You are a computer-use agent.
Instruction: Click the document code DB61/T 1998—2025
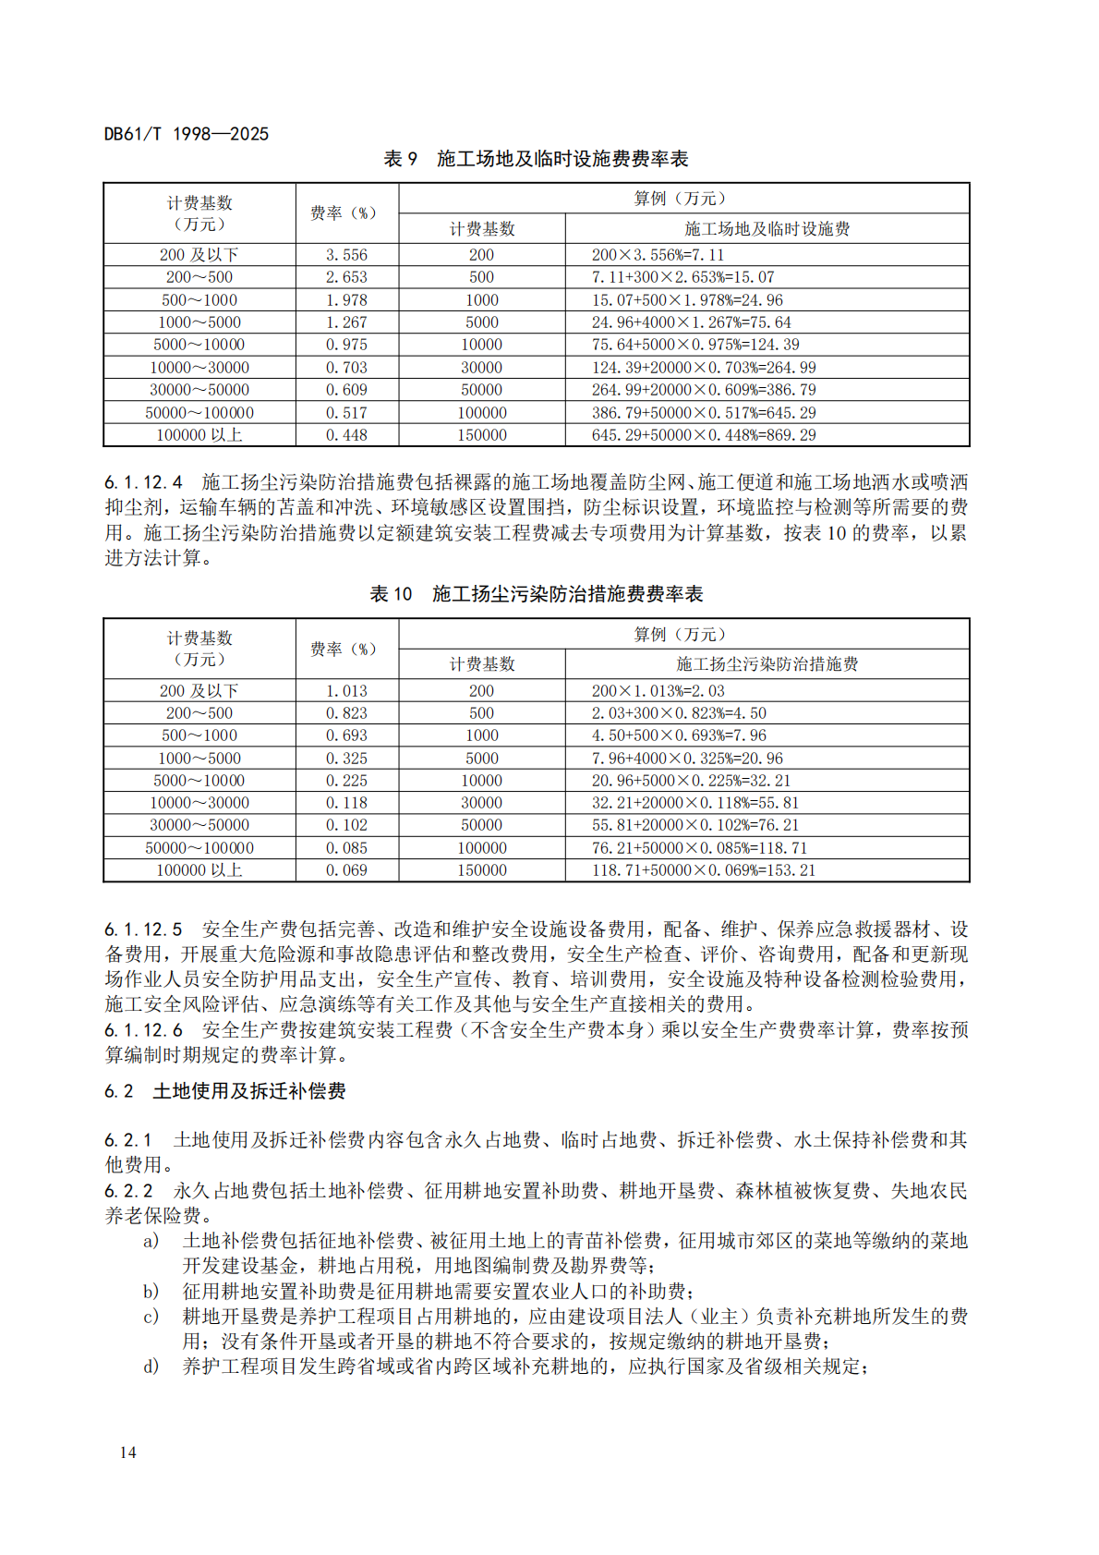[x=186, y=134]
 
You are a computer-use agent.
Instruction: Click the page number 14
[x=127, y=1452]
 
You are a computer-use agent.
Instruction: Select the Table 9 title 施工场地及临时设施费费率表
[x=562, y=159]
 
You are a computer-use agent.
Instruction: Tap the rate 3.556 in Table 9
[x=346, y=255]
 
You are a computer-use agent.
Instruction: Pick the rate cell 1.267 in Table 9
[x=346, y=322]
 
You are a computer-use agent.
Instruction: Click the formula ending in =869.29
[x=704, y=435]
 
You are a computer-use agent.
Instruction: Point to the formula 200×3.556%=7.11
[x=658, y=255]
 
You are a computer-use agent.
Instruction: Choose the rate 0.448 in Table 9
[x=346, y=435]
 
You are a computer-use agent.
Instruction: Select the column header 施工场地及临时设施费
[x=767, y=229]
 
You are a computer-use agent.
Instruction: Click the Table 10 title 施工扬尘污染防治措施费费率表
[x=567, y=594]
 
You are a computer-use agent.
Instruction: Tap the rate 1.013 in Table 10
[x=346, y=691]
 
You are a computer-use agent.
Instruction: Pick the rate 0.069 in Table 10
[x=346, y=870]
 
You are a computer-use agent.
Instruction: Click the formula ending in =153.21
[x=704, y=870]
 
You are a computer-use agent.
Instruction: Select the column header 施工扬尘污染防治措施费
[x=767, y=664]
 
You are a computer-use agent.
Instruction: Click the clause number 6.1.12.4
[x=143, y=482]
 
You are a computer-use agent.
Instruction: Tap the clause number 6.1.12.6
[x=143, y=1030]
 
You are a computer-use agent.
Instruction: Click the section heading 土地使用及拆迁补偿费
[x=248, y=1091]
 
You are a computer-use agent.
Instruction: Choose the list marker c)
[x=151, y=1316]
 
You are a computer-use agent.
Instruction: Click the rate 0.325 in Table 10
[x=346, y=759]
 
